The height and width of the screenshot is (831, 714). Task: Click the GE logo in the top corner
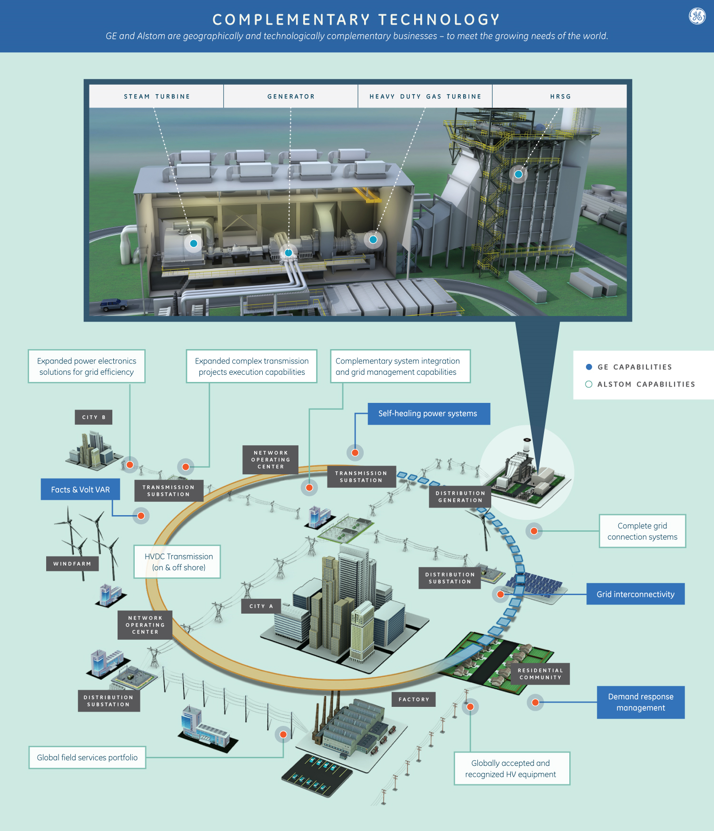[x=697, y=16]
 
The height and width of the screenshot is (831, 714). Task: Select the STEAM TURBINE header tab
[x=157, y=97]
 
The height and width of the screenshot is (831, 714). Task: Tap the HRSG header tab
[x=560, y=97]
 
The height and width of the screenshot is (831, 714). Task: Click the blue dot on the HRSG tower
[x=518, y=174]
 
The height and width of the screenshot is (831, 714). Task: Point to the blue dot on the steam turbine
[x=194, y=244]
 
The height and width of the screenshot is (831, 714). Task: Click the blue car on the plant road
[x=114, y=304]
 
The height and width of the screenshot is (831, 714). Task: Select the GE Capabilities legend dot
[x=589, y=367]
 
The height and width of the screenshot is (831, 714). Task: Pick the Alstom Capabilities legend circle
[x=589, y=384]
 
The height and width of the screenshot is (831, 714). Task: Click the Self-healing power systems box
[x=428, y=414]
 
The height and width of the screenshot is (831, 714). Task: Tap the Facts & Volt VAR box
[x=80, y=489]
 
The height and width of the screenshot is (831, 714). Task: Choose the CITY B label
[x=93, y=417]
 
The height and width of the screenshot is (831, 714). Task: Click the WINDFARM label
[x=72, y=564]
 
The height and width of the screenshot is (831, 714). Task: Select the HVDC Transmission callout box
[x=177, y=562]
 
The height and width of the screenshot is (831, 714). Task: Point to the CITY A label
[x=261, y=606]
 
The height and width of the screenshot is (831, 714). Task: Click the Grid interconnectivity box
[x=635, y=594]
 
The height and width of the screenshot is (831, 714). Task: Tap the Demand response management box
[x=641, y=702]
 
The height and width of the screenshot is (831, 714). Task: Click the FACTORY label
[x=414, y=699]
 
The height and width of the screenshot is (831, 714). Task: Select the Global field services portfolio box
[x=87, y=757]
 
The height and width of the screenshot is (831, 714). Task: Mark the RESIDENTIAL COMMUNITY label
[x=540, y=674]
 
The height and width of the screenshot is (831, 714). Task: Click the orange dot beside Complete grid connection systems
[x=534, y=531]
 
